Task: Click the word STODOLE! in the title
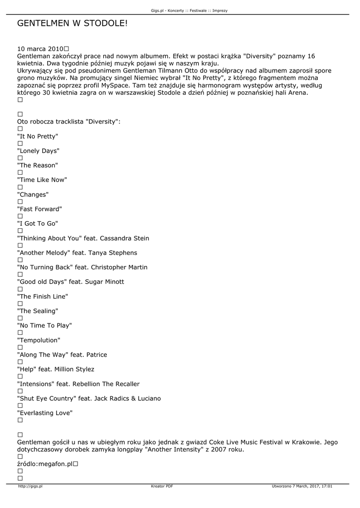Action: click(x=102, y=23)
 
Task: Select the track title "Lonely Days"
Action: click(x=38, y=151)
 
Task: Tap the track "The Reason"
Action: click(x=37, y=165)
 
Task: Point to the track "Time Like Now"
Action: click(x=42, y=180)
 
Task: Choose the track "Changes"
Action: click(x=33, y=194)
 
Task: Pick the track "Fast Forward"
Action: click(x=39, y=209)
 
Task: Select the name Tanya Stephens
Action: click(x=113, y=253)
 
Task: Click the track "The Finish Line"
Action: click(x=42, y=296)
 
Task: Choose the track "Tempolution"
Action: click(x=39, y=340)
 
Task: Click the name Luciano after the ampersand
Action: click(x=148, y=398)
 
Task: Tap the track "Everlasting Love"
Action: click(x=45, y=413)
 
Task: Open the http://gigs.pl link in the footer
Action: click(x=30, y=486)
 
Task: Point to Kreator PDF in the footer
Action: click(x=162, y=486)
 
